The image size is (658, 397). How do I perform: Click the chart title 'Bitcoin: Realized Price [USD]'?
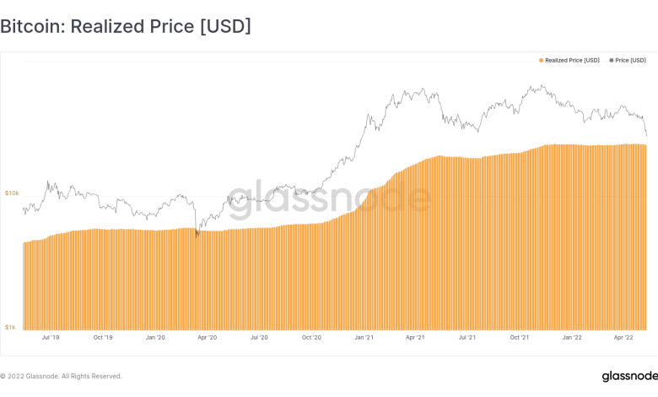tap(126, 26)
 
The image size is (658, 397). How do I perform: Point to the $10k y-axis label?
tap(12, 193)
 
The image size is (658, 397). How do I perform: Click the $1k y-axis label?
tap(11, 326)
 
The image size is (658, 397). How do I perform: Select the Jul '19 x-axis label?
tap(50, 338)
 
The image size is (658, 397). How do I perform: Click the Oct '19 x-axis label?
tap(102, 338)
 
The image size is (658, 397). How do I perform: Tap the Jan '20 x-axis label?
tap(155, 338)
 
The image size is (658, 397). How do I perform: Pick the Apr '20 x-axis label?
tap(207, 338)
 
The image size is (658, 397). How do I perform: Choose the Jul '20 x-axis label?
tap(259, 338)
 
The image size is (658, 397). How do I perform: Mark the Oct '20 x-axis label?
tap(311, 338)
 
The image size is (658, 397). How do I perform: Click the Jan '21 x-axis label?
tap(364, 338)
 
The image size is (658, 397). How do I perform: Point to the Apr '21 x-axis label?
tap(415, 338)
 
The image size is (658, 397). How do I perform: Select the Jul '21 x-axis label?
tap(467, 338)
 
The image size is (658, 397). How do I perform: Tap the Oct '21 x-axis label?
tap(519, 338)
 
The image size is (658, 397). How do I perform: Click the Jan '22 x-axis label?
tap(572, 338)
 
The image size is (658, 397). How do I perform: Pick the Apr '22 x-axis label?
tap(623, 338)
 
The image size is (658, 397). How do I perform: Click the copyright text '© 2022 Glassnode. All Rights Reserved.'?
tap(61, 376)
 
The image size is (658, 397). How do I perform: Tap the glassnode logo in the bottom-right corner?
tap(625, 376)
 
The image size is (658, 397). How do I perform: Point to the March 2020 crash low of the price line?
tap(197, 236)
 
